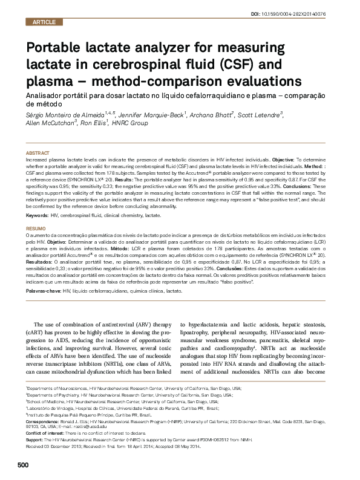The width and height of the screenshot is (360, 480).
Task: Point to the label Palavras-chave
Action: click(44, 291)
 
